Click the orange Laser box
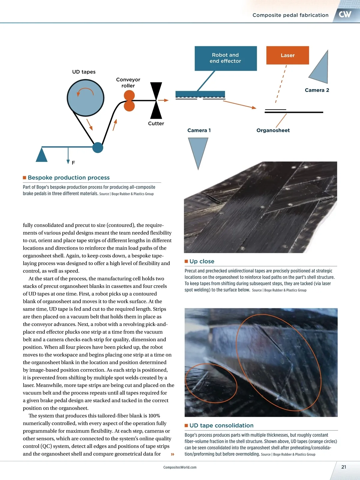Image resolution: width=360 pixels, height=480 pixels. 287,55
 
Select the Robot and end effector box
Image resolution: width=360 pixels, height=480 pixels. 226,58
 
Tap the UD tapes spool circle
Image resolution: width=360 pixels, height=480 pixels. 85,98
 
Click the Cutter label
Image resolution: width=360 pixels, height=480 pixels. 156,124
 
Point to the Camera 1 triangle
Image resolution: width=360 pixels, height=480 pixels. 198,150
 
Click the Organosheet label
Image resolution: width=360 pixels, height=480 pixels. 273,130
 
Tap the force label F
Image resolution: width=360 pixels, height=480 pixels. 73,163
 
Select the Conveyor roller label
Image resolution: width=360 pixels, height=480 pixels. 128,82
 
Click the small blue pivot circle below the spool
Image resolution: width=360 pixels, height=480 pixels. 97,148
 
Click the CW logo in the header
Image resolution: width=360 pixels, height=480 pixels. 345,14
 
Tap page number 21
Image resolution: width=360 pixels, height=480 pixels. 344,467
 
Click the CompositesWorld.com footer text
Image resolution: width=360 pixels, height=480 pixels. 180,467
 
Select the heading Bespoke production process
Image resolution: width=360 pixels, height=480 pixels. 69,178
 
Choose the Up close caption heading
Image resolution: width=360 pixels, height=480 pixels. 202,261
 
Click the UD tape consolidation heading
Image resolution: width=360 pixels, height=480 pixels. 221,425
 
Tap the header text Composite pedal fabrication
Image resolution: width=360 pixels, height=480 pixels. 290,15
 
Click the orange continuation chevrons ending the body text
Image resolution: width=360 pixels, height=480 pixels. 172,454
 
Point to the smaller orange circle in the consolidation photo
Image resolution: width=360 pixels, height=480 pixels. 211,383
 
